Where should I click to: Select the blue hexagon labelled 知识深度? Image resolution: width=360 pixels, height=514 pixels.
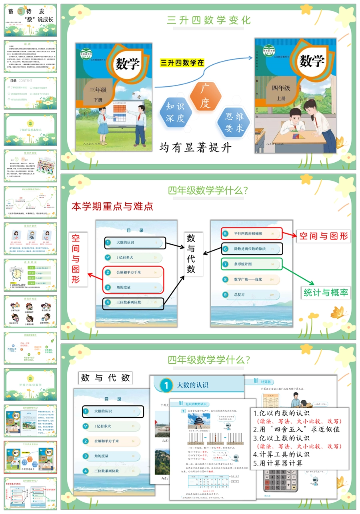tap(176, 112)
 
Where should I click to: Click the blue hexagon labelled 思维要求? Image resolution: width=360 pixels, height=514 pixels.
tap(234, 122)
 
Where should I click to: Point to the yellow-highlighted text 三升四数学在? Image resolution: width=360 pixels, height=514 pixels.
tap(182, 63)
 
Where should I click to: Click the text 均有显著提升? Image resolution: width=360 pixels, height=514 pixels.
tap(196, 147)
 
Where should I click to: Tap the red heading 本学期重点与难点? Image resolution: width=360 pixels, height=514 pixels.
tap(112, 206)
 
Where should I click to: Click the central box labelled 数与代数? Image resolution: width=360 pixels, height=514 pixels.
tap(191, 253)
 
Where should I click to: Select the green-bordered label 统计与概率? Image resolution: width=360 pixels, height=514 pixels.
tap(326, 292)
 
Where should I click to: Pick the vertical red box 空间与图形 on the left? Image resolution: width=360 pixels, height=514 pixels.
tap(76, 259)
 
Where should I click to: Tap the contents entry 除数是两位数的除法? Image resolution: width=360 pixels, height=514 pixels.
tap(252, 249)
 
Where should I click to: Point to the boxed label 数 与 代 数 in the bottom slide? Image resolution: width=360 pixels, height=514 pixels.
tap(106, 378)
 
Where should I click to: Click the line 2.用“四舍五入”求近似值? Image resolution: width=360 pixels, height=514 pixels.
tap(297, 430)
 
